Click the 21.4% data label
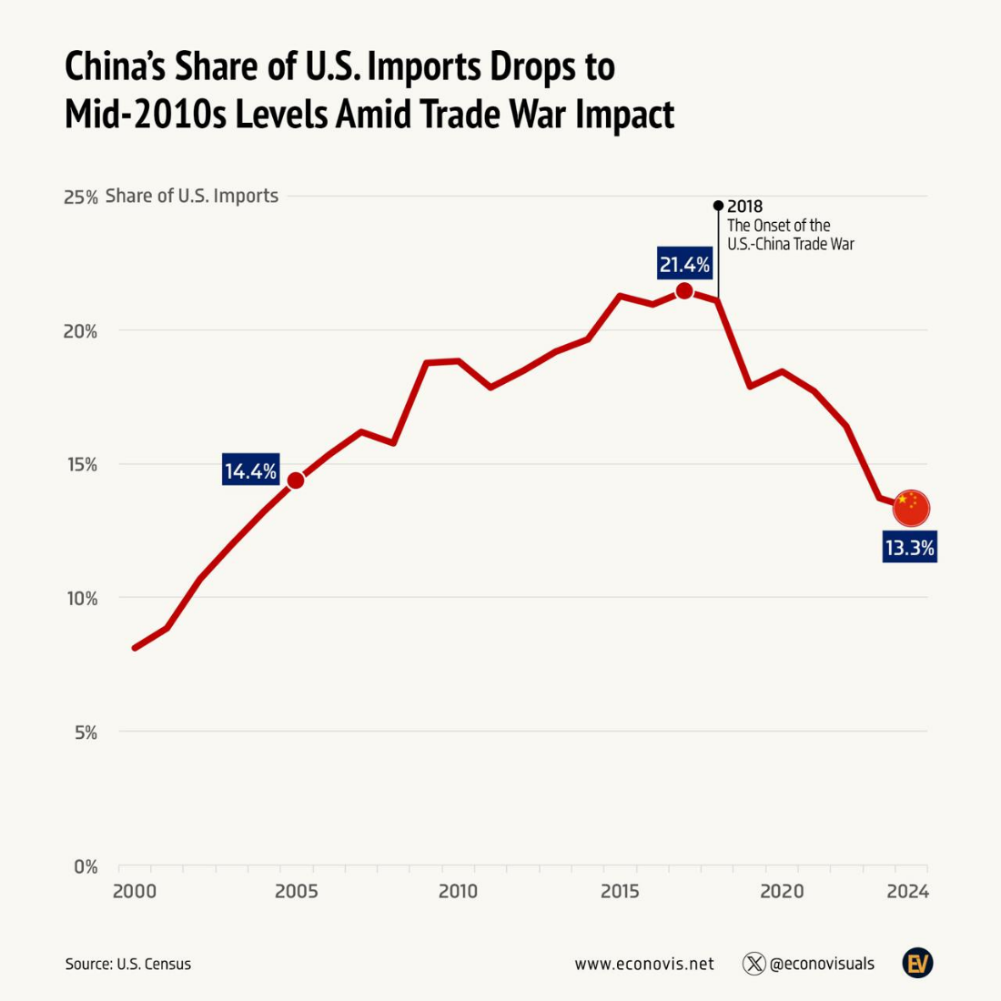(x=684, y=265)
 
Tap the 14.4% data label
(x=250, y=470)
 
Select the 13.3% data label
(x=909, y=548)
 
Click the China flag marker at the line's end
(x=911, y=508)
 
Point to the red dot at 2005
(x=296, y=480)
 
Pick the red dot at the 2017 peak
(x=684, y=291)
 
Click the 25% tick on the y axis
(x=80, y=197)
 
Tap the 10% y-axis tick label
(x=80, y=599)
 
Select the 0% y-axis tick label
(x=85, y=867)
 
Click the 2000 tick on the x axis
(x=135, y=892)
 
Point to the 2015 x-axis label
(x=620, y=892)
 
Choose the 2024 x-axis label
(x=907, y=892)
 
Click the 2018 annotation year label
(x=744, y=207)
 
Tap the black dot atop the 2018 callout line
(x=718, y=206)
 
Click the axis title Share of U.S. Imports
(x=192, y=197)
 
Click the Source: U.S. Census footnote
(x=128, y=964)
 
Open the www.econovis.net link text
(x=644, y=964)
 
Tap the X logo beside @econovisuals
(x=753, y=964)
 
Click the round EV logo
(x=917, y=963)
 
